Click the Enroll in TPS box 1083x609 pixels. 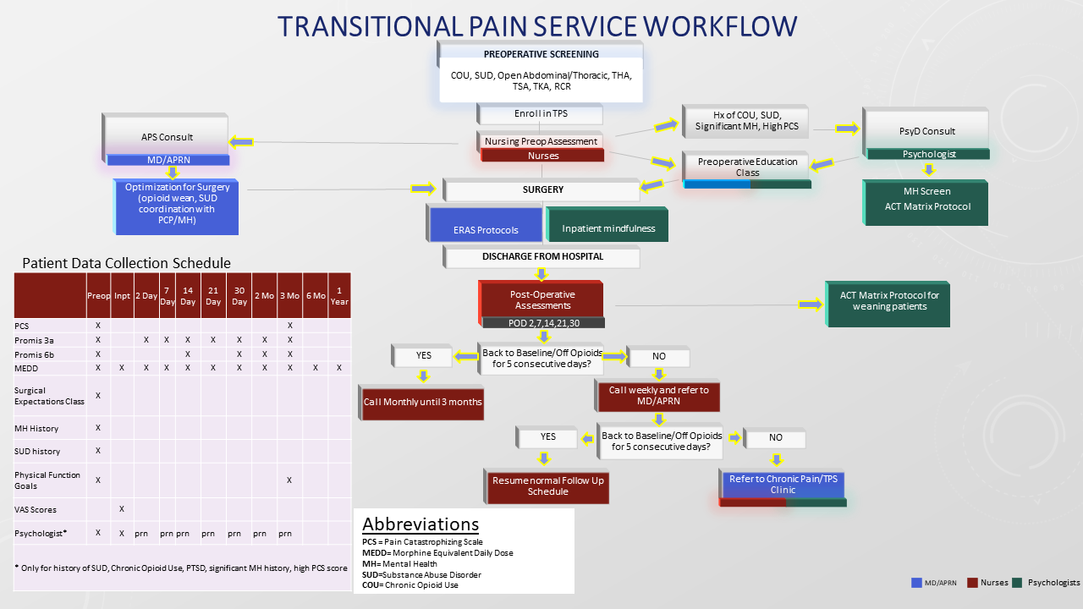pyautogui.click(x=540, y=113)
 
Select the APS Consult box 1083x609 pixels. pyautogui.click(x=167, y=136)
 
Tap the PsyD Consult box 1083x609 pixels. pyautogui.click(x=926, y=130)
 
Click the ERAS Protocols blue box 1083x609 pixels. pyautogui.click(x=486, y=229)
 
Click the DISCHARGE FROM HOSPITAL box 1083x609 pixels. pyautogui.click(x=542, y=256)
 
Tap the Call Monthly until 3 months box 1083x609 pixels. pyautogui.click(x=423, y=402)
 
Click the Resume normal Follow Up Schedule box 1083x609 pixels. pyautogui.click(x=547, y=486)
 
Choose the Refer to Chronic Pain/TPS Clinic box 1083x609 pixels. pyautogui.click(x=783, y=484)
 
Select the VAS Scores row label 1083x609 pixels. pyautogui.click(x=35, y=509)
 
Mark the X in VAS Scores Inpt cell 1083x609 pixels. pyautogui.click(x=122, y=508)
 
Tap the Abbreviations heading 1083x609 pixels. pyautogui.click(x=421, y=524)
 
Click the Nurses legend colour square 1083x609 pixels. pyautogui.click(x=972, y=582)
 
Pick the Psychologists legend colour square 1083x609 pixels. pyautogui.click(x=1017, y=582)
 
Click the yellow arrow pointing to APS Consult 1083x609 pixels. pyautogui.click(x=242, y=141)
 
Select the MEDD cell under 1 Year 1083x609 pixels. pyautogui.click(x=339, y=367)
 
